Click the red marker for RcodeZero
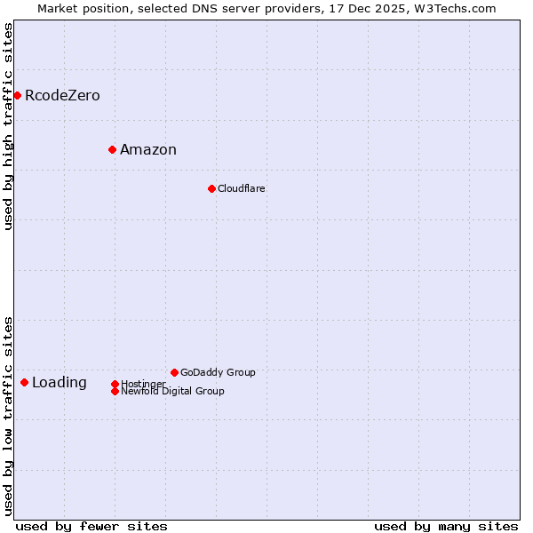[x=17, y=95]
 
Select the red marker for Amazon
[x=112, y=149]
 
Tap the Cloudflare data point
[x=211, y=188]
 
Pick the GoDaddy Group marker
[x=174, y=372]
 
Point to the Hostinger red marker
[x=115, y=384]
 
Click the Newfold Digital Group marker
[x=115, y=391]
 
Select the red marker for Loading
[x=24, y=382]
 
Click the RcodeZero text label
[x=62, y=96]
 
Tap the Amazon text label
[x=148, y=150]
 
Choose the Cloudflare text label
[x=242, y=189]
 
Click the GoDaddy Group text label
[x=218, y=373]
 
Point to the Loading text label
[x=60, y=383]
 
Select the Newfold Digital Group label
[x=172, y=392]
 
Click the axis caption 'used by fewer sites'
[x=91, y=526]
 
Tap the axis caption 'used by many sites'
[x=446, y=526]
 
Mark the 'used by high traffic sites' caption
[x=9, y=126]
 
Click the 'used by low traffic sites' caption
[x=9, y=415]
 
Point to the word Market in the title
[x=59, y=8]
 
